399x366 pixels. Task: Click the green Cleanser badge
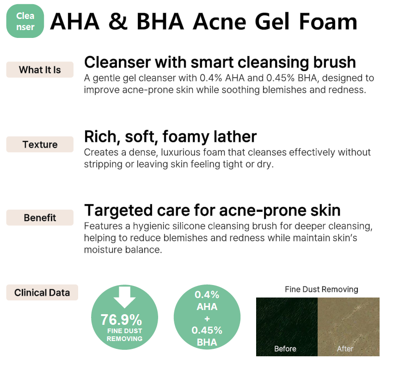[25, 21]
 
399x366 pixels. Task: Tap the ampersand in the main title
[118, 22]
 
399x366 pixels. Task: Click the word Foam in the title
[328, 21]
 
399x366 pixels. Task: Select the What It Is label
[40, 69]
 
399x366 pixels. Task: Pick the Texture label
[40, 144]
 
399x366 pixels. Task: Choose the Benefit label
[40, 217]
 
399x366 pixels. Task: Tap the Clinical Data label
[42, 292]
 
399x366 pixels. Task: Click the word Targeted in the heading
[118, 211]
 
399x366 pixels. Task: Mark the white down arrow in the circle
[124, 297]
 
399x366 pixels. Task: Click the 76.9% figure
[121, 319]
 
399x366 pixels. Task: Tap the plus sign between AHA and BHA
[207, 319]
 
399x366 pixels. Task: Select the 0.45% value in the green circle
[207, 330]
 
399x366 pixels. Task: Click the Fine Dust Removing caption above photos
[321, 289]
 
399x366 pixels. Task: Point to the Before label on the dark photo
[285, 349]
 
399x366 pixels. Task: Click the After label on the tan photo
[345, 349]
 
